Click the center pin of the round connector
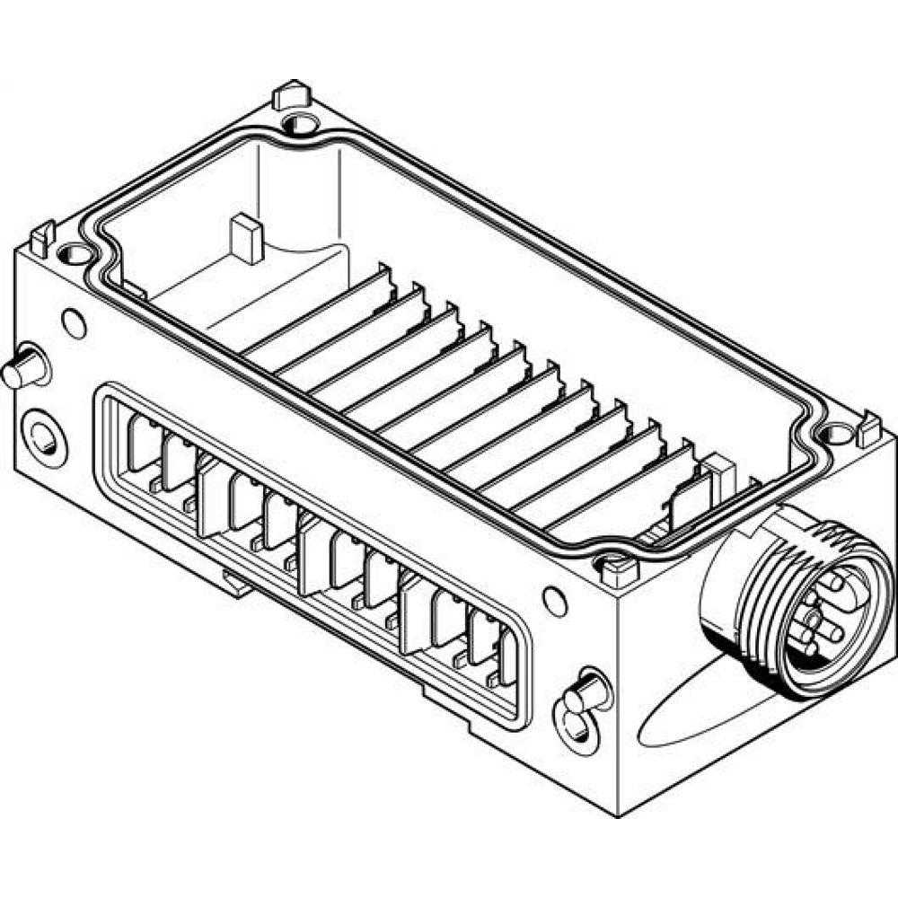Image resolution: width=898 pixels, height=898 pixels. tap(812, 617)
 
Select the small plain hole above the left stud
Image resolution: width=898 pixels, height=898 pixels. tap(74, 321)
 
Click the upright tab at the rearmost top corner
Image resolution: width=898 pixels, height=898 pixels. tap(290, 93)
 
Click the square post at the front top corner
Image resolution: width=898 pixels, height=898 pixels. tap(617, 566)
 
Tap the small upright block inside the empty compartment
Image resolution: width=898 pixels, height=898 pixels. tap(246, 239)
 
